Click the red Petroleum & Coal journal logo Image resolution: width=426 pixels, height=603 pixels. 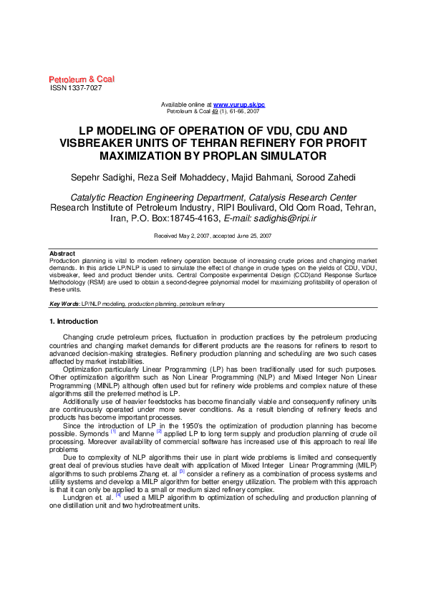click(82, 79)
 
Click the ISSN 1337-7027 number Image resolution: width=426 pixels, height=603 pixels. click(75, 87)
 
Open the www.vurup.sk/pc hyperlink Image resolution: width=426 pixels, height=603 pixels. click(239, 105)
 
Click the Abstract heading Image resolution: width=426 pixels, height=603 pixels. click(62, 254)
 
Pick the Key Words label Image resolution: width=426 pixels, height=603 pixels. click(64, 304)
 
